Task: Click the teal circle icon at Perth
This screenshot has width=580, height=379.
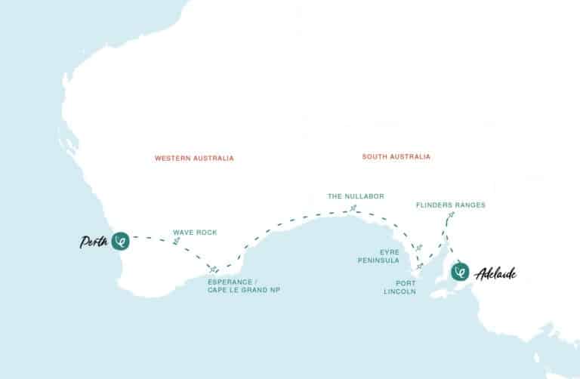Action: coord(120,241)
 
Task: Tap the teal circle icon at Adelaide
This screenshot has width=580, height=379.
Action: coord(458,272)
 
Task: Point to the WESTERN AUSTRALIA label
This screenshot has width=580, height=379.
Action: coord(194,159)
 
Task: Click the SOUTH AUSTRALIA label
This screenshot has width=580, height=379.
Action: coord(396,157)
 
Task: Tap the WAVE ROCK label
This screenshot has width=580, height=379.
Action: coord(195,233)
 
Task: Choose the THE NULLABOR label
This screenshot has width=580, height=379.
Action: coord(356,196)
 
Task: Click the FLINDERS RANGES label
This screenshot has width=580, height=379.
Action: coord(451,205)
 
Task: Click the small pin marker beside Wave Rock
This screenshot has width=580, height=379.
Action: coord(176,241)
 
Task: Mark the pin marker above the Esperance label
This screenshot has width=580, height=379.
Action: coord(214,268)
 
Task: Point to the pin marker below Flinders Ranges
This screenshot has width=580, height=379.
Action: coord(451,217)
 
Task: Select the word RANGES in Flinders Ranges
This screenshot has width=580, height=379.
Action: coord(469,205)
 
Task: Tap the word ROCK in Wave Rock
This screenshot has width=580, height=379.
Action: coord(206,233)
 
